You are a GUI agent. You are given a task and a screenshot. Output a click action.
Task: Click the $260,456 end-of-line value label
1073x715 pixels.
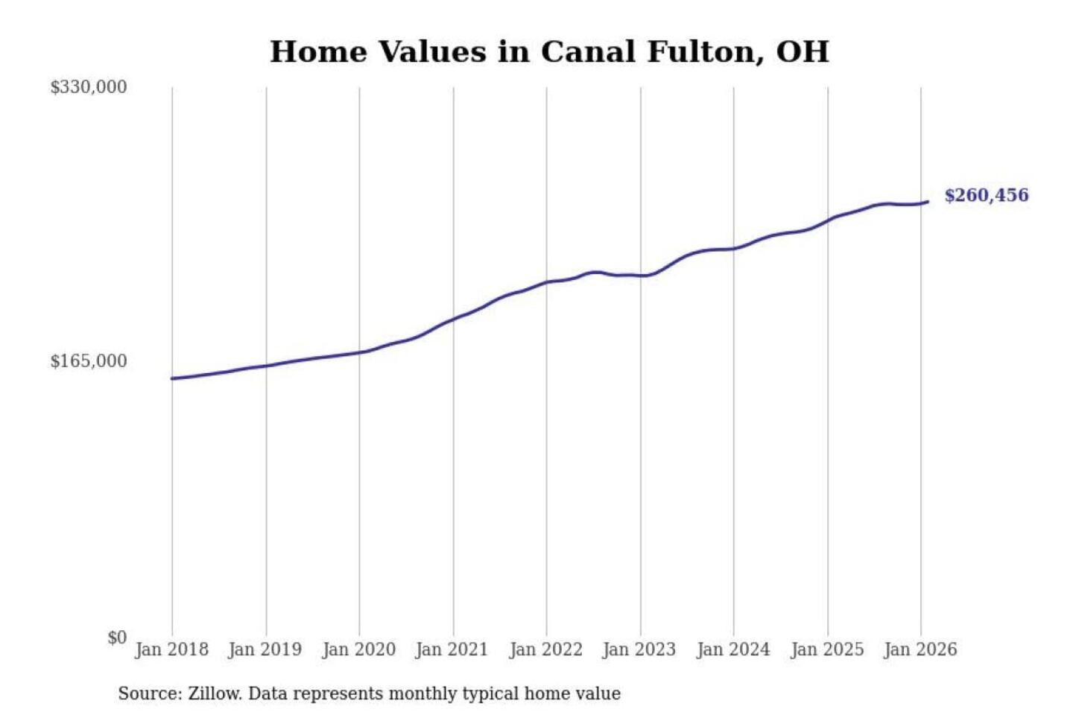[x=986, y=195]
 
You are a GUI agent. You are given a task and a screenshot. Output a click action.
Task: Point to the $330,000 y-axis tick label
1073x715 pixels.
[x=88, y=87]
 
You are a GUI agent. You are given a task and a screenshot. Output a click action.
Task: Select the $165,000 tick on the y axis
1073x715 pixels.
[x=88, y=361]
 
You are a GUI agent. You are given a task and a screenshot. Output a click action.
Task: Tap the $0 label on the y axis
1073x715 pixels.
[x=117, y=638]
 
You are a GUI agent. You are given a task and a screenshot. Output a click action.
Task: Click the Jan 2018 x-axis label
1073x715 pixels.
[x=171, y=649]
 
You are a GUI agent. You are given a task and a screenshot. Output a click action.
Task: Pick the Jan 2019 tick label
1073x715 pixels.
[x=265, y=649]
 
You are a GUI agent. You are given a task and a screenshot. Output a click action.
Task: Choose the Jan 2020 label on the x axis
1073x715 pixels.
[x=358, y=649]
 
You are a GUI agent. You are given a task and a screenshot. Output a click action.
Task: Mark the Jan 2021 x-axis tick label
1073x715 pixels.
[x=452, y=649]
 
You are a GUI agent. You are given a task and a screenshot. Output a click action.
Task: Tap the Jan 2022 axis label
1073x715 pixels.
[x=545, y=649]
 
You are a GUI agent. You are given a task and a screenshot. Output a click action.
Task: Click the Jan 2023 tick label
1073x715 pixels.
[x=639, y=649]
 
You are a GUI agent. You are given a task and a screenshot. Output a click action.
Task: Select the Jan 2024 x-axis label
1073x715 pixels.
[x=732, y=649]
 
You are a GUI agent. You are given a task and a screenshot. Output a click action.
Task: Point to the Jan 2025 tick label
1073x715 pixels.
[x=826, y=649]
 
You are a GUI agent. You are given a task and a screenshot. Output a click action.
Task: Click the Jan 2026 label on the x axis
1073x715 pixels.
[x=920, y=649]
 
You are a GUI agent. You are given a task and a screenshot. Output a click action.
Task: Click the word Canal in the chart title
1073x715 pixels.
[x=588, y=52]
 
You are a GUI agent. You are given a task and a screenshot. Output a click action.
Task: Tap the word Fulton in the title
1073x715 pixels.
[x=705, y=52]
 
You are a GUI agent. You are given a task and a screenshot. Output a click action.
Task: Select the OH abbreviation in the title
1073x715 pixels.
[x=802, y=52]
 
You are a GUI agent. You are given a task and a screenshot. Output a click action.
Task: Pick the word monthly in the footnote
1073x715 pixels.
[x=423, y=694]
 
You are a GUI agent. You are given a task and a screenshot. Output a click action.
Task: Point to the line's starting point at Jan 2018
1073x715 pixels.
[x=172, y=378]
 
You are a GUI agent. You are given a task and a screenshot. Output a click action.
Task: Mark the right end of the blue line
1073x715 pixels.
[x=927, y=202]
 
